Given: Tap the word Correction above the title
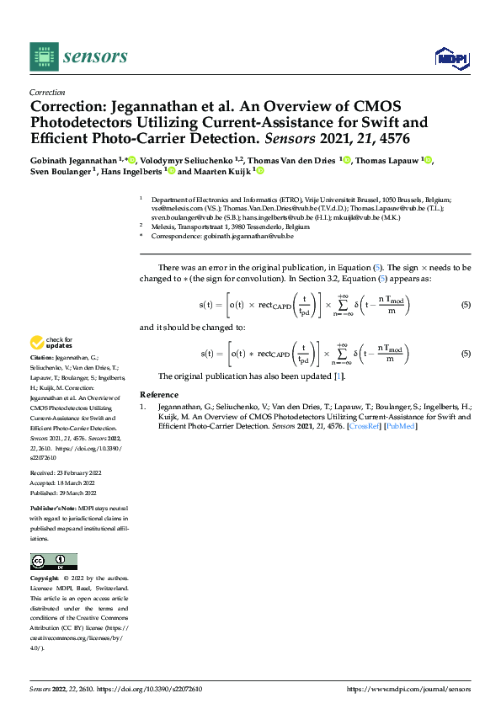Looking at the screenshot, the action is tap(48, 93).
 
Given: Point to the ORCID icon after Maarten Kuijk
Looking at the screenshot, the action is tap(259, 171).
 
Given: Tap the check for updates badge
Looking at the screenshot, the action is tap(51, 343).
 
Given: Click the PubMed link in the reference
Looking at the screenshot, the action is tap(400, 426).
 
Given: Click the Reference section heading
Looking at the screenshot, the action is tap(159, 394).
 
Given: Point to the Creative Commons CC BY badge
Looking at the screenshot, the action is tap(53, 562).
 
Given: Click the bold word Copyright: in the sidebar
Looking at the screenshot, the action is tap(46, 578).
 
